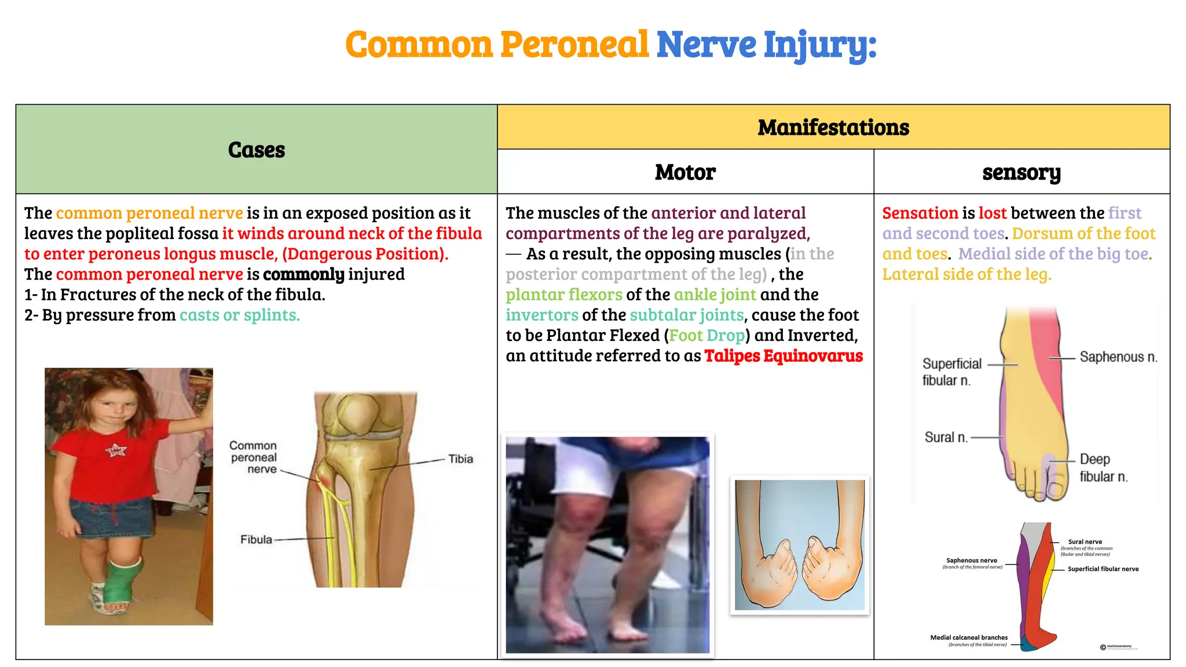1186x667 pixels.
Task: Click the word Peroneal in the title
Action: [x=574, y=45]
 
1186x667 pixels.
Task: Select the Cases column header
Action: [x=256, y=150]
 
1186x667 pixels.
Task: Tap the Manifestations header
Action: [x=833, y=127]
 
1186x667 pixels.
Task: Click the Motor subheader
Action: [x=685, y=172]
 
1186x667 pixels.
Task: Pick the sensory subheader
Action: [x=1021, y=173]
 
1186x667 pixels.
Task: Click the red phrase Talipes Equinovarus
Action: [x=783, y=356]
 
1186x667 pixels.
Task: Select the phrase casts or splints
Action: [x=239, y=315]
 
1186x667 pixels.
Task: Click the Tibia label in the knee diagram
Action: [x=460, y=459]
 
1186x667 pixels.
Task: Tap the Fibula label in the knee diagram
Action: [x=256, y=540]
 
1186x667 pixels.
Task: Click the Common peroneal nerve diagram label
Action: [x=254, y=457]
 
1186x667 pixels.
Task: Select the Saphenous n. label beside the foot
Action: [x=1118, y=357]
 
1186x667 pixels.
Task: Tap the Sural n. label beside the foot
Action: [x=946, y=437]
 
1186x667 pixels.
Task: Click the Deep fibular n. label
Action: [x=1103, y=468]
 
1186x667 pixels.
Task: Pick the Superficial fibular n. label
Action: [x=951, y=372]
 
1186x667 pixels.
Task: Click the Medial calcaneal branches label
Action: [x=969, y=637]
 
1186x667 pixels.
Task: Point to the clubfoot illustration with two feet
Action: [x=799, y=544]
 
